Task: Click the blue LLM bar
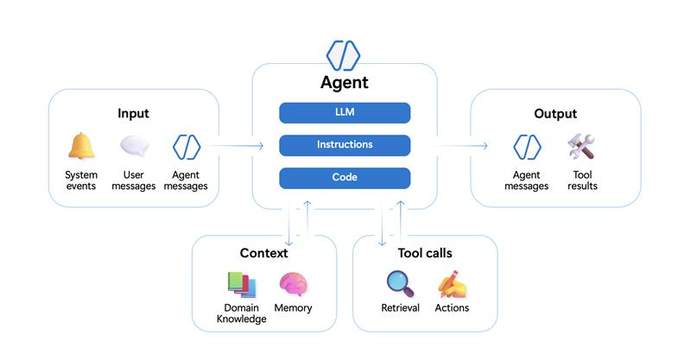tap(345, 112)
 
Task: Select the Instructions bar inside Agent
tap(345, 144)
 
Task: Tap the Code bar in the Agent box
tap(345, 177)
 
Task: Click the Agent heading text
tap(345, 83)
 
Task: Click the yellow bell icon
tap(81, 147)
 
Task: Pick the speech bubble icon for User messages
tap(134, 147)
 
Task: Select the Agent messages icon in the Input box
tap(187, 147)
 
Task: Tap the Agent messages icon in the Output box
tap(527, 147)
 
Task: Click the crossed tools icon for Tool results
tap(580, 147)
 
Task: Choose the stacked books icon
tap(241, 284)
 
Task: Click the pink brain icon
tap(293, 284)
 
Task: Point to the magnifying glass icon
tap(400, 284)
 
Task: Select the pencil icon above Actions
tap(452, 284)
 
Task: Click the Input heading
tap(134, 113)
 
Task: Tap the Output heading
tap(555, 113)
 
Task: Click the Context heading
tap(264, 253)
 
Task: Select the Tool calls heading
tap(425, 253)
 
